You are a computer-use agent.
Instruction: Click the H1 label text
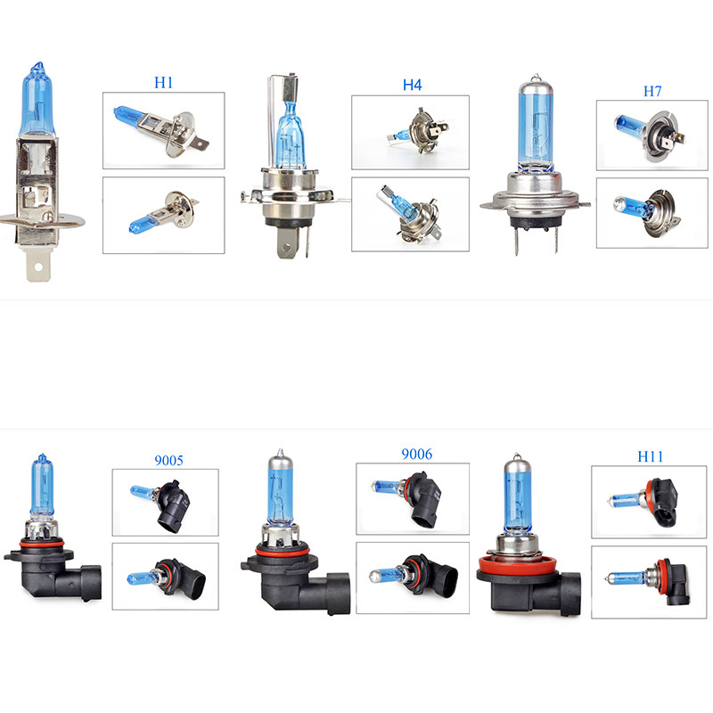pos(163,82)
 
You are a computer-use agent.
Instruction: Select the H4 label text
pos(412,86)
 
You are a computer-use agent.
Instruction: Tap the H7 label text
pos(654,91)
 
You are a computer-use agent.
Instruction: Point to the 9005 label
pos(168,461)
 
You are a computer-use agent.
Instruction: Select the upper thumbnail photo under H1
pos(163,130)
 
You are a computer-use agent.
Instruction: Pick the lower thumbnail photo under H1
pos(163,215)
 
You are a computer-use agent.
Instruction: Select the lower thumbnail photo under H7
pos(652,213)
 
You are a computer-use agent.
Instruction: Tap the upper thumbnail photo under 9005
pos(165,502)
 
